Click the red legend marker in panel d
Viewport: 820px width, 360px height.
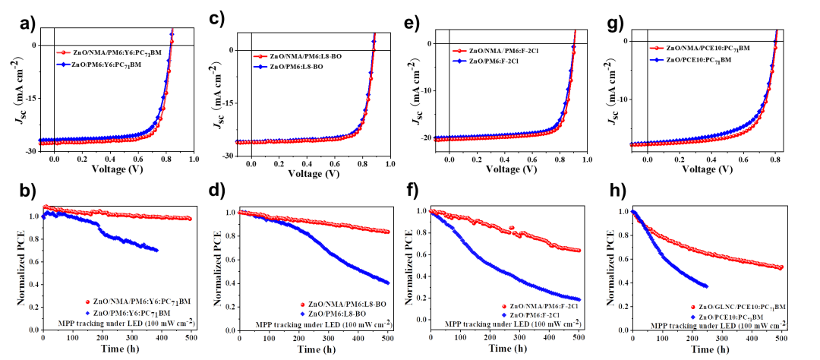pyautogui.click(x=301, y=303)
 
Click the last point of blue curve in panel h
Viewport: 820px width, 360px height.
pyautogui.click(x=707, y=286)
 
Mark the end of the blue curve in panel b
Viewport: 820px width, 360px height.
pyautogui.click(x=157, y=250)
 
